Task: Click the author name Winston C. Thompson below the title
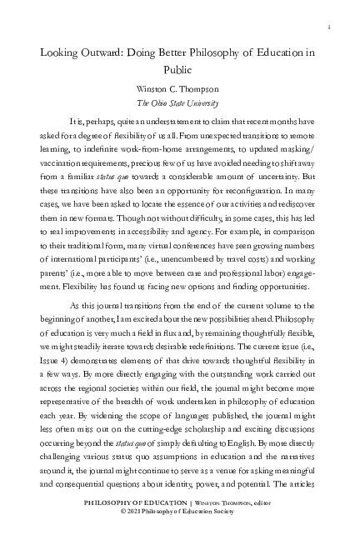tap(179, 89)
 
